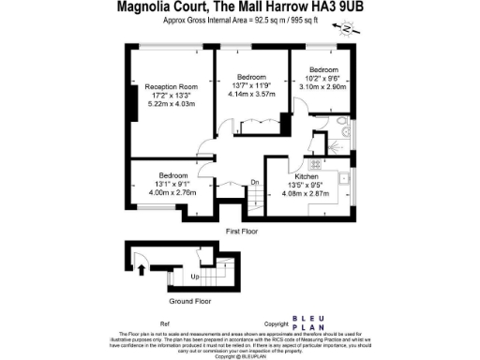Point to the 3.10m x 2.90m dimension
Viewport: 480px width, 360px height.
pos(324,86)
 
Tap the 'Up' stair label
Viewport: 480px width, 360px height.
pos(195,277)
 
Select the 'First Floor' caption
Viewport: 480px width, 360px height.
pos(242,230)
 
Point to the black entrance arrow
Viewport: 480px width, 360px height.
pos(142,271)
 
